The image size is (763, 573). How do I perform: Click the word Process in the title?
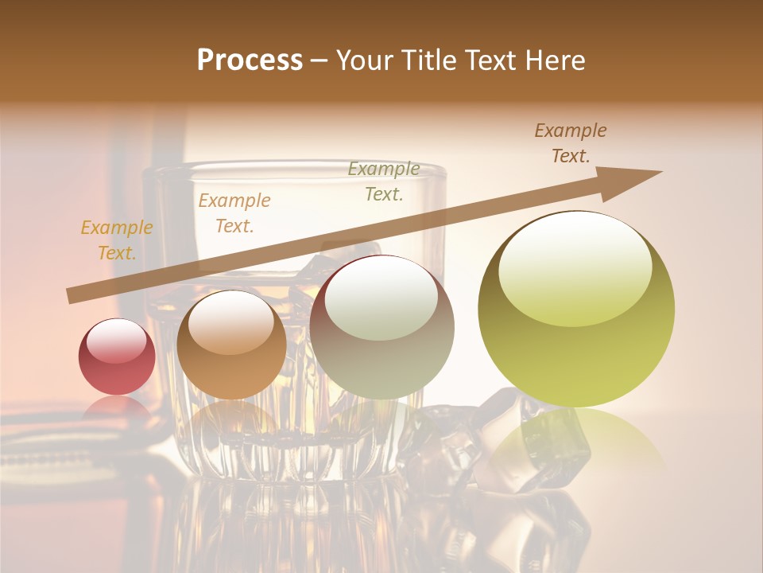250,60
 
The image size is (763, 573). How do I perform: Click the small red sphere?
117,357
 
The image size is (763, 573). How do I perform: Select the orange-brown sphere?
231,345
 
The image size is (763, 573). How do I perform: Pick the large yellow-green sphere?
576,310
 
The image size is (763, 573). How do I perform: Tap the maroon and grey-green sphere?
382,327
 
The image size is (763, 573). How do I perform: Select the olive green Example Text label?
384,181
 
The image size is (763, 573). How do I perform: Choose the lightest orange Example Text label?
117,240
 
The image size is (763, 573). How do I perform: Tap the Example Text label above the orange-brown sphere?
234,212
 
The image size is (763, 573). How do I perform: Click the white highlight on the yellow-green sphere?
575,267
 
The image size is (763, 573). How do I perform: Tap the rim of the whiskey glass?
294,169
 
